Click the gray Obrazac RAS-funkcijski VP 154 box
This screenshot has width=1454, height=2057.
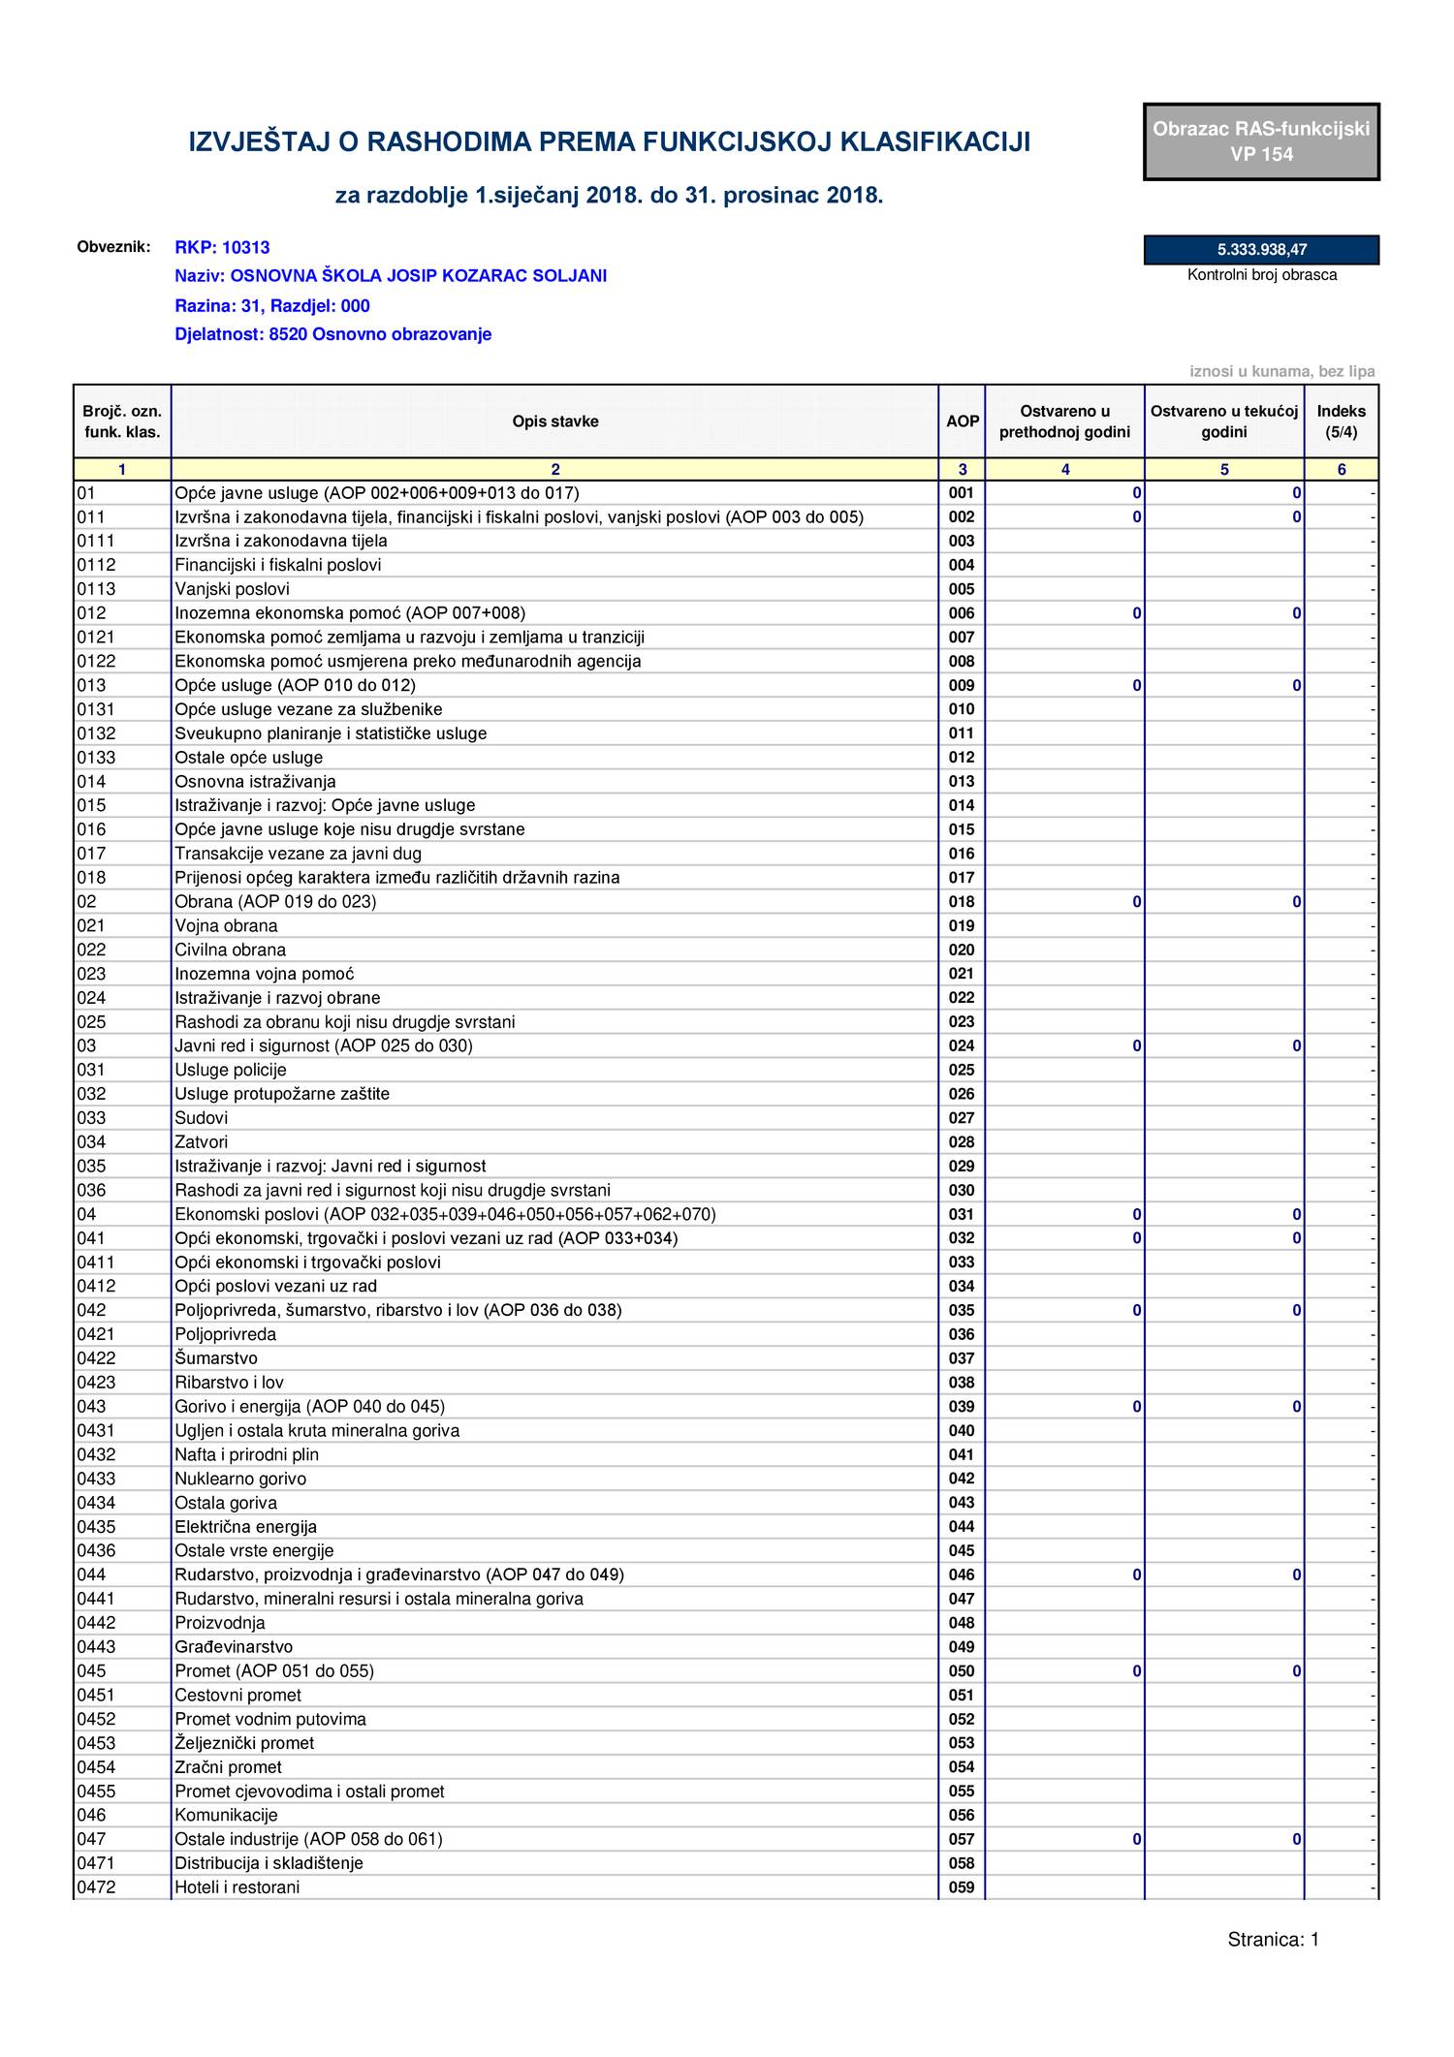1261,141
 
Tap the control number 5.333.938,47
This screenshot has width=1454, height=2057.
1261,250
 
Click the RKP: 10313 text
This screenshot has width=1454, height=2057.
222,248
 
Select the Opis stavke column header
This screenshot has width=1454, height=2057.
554,421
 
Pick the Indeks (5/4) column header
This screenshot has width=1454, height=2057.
1341,421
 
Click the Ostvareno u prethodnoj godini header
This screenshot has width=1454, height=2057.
1064,421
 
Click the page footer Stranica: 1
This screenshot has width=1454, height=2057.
1273,1940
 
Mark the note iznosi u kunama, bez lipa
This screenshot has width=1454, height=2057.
1281,372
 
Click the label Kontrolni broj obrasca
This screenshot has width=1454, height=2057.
1261,275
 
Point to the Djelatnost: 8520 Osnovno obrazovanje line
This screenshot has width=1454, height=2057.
332,334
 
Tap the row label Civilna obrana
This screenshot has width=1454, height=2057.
230,950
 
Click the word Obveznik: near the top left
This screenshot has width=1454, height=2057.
113,246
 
